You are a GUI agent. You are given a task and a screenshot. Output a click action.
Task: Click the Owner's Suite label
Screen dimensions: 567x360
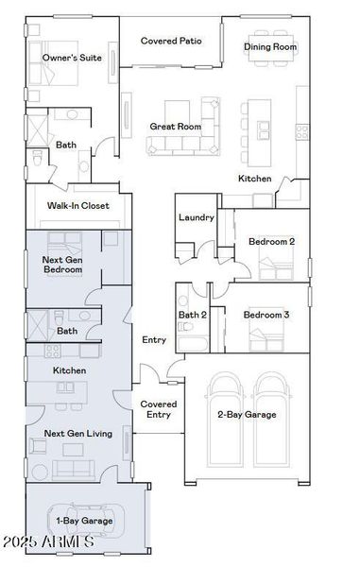(x=71, y=58)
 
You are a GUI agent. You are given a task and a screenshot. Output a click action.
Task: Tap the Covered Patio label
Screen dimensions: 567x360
(x=171, y=42)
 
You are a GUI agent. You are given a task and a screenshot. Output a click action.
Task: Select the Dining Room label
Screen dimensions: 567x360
(x=270, y=46)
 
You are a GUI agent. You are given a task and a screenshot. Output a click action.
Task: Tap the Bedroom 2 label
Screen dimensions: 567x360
(x=271, y=241)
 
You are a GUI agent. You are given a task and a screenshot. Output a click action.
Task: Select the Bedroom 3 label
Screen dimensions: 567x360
(x=266, y=314)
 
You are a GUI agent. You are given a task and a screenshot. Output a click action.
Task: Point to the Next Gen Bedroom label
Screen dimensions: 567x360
(x=62, y=264)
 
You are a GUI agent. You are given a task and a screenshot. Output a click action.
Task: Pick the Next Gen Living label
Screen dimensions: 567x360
(x=77, y=434)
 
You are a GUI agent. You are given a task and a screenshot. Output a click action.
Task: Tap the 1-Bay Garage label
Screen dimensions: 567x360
(x=85, y=520)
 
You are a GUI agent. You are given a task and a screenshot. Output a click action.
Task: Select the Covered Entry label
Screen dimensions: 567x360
(x=158, y=408)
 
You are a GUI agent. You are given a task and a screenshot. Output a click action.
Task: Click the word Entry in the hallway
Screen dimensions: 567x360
(x=154, y=339)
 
